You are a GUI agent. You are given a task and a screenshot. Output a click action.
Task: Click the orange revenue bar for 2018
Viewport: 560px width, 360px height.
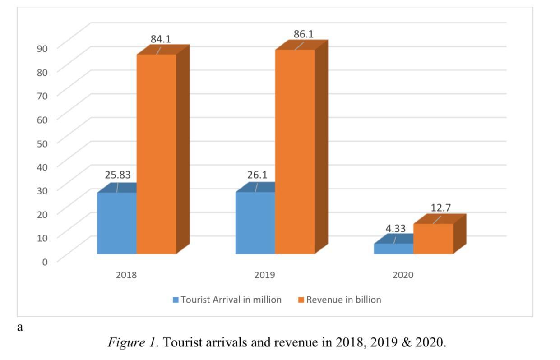[x=156, y=153]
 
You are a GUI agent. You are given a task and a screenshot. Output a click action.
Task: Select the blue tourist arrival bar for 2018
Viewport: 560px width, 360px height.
[x=117, y=223]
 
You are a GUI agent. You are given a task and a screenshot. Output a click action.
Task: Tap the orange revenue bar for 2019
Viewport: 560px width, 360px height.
[x=295, y=151]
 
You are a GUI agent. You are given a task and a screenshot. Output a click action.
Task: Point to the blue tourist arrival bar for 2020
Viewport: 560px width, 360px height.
[x=393, y=249]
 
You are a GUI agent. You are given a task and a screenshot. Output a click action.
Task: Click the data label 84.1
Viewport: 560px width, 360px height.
[x=161, y=39]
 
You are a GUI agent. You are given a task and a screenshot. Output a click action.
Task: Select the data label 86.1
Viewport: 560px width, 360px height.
[x=303, y=34]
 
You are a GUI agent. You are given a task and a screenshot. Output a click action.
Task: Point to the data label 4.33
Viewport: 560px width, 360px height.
[x=395, y=229]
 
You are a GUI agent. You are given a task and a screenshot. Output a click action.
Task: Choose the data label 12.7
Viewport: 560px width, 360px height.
[x=440, y=208]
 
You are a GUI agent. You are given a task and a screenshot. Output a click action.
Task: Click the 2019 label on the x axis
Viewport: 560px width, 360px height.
[x=264, y=275]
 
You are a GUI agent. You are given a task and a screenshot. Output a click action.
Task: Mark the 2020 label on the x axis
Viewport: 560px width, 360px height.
[x=403, y=275]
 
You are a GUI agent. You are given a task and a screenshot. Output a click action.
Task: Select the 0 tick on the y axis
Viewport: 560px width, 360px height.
[x=45, y=261]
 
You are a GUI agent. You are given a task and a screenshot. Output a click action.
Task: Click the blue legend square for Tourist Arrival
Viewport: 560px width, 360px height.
[x=176, y=300]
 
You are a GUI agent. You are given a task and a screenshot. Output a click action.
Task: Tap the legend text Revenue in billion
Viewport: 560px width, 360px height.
[x=343, y=300]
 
